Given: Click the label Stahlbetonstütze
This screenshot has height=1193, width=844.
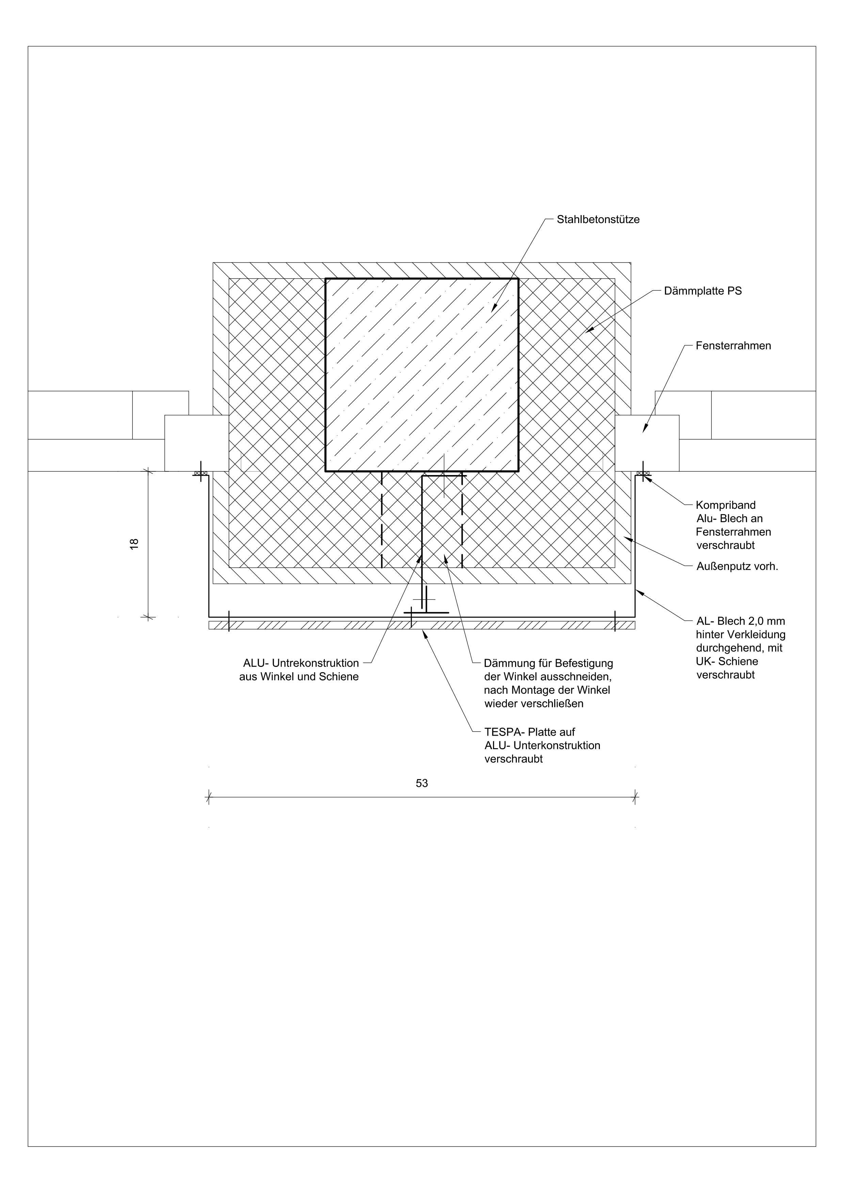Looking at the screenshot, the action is click(598, 220).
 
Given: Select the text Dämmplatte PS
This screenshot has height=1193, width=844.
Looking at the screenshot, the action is click(703, 291).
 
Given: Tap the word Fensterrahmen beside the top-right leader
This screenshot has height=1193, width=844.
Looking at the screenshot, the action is click(733, 346).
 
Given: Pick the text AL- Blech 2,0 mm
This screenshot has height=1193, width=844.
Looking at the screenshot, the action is click(741, 621).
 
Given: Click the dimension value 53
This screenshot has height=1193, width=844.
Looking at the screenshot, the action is click(422, 783).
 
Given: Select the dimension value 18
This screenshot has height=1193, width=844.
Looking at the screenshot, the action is click(134, 543).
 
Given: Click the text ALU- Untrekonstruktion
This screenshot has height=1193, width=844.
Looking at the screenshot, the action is click(301, 663).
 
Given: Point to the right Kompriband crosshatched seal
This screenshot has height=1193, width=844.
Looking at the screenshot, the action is click(643, 473).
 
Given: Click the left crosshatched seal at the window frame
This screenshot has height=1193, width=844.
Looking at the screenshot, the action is click(201, 473).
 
